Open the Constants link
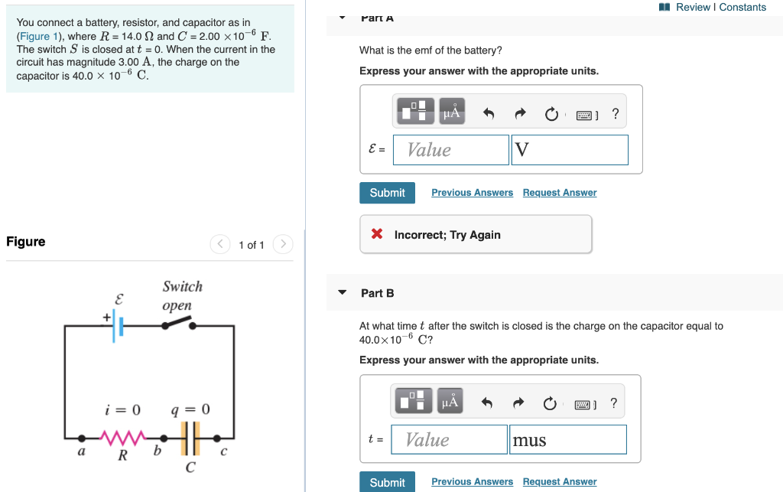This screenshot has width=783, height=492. [x=742, y=7]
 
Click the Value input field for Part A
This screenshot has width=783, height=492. [x=451, y=150]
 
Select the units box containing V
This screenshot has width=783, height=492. [x=570, y=150]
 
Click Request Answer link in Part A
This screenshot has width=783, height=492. [x=559, y=193]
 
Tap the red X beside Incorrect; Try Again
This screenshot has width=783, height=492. [x=377, y=234]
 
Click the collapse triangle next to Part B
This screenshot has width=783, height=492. [x=343, y=293]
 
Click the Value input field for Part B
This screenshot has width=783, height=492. [x=450, y=440]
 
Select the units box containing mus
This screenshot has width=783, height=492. [x=567, y=440]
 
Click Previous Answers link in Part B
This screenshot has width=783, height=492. [x=472, y=481]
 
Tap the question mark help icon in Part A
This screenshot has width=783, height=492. [x=616, y=115]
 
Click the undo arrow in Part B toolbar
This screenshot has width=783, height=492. [x=487, y=403]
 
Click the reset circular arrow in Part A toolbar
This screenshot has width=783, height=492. [x=551, y=115]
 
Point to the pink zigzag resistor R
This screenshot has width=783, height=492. [x=122, y=438]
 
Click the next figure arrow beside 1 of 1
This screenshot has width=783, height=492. [x=282, y=244]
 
